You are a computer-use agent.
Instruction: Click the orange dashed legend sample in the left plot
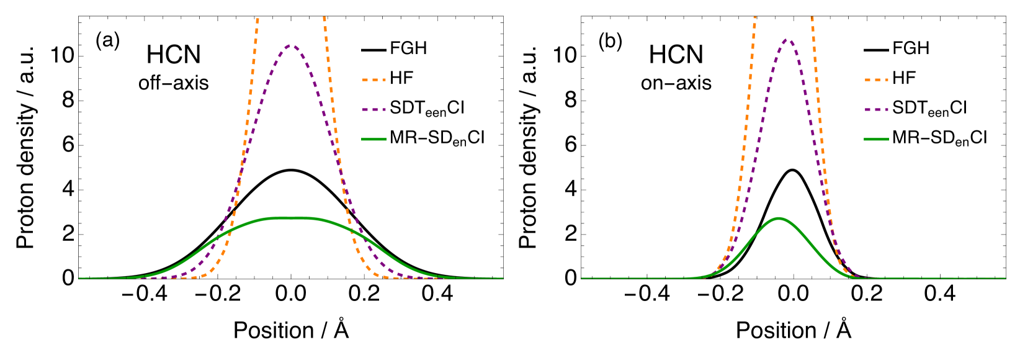(374, 80)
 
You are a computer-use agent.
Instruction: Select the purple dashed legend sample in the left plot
(374, 110)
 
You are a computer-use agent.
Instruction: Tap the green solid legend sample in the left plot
(374, 140)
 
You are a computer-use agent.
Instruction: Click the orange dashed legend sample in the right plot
(876, 80)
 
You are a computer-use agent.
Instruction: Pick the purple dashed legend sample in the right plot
(876, 110)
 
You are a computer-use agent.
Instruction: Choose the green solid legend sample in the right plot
(876, 140)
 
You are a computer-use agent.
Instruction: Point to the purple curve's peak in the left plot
(291, 45)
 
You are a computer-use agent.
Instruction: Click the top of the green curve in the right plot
(778, 218)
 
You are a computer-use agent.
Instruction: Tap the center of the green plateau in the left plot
(290, 218)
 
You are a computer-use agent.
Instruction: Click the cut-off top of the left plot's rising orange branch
(257, 19)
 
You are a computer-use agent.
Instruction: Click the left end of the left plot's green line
(79, 278)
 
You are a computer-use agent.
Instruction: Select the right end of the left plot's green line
(503, 278)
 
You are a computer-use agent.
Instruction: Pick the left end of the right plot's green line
(581, 278)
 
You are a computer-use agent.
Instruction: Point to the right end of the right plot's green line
(1005, 278)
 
